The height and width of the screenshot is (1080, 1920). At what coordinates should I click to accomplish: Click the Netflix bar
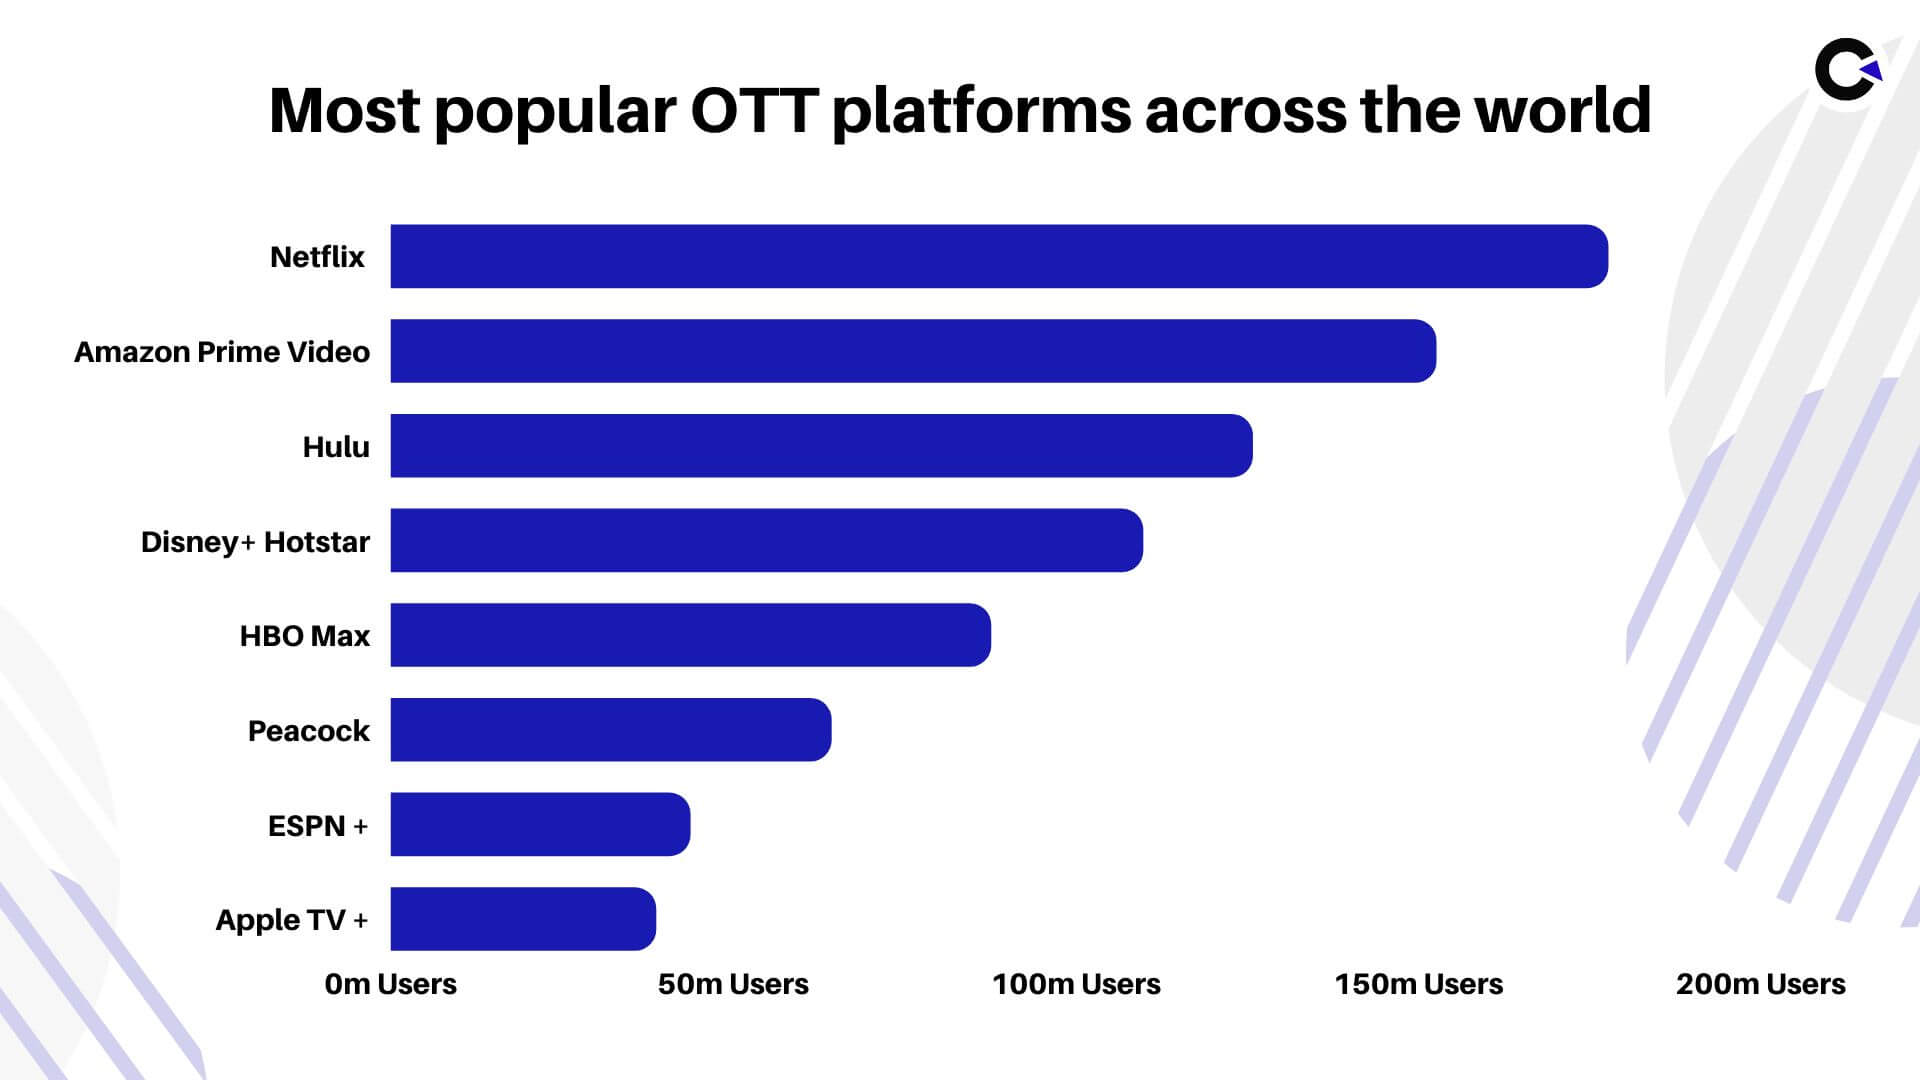[x=998, y=256]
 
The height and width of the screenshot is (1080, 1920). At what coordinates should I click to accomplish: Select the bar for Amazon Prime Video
[x=912, y=351]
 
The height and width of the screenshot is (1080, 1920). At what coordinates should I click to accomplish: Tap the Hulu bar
[x=820, y=446]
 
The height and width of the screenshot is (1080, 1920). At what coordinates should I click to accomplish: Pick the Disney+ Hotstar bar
[x=766, y=540]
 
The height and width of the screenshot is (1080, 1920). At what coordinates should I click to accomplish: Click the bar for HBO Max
[x=690, y=635]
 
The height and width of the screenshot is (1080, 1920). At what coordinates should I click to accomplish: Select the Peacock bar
[x=610, y=730]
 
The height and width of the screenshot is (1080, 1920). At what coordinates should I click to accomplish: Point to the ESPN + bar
[x=540, y=824]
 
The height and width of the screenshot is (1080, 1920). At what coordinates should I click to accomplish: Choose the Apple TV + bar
[x=522, y=919]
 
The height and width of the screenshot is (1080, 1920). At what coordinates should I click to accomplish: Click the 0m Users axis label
[x=390, y=984]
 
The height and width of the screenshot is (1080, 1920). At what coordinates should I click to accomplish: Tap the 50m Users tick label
[x=733, y=984]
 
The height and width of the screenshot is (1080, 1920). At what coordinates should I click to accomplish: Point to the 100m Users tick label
[x=1076, y=984]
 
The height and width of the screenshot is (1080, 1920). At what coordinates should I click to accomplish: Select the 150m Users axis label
[x=1418, y=984]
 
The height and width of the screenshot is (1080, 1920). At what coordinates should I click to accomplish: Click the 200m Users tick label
[x=1760, y=984]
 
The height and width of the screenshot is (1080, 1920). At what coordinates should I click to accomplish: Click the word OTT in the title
[x=755, y=110]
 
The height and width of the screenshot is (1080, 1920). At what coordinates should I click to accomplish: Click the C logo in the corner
[x=1846, y=70]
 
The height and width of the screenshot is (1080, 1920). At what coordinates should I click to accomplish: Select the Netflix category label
[x=317, y=257]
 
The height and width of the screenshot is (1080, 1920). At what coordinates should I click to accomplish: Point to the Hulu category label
[x=336, y=447]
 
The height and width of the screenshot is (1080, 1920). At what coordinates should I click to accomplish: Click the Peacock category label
[x=308, y=731]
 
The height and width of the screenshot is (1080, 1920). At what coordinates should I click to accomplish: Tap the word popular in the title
[x=555, y=112]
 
